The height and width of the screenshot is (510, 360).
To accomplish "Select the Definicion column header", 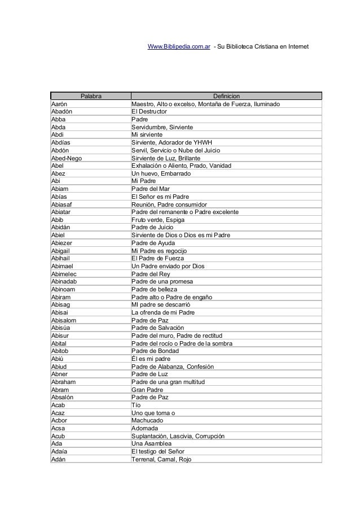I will pyautogui.click(x=226, y=97).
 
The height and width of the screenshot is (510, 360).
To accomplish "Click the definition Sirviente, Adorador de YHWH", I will pyautogui.click(x=172, y=143).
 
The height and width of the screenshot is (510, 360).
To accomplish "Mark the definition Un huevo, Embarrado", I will pyautogui.click(x=161, y=173).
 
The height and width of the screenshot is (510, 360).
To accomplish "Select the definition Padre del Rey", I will pyautogui.click(x=151, y=274).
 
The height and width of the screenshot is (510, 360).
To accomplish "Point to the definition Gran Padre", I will pyautogui.click(x=147, y=390).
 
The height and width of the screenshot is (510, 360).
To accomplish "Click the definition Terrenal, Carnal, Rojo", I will pyautogui.click(x=161, y=459).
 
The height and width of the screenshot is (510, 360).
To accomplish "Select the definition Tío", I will pyautogui.click(x=136, y=405).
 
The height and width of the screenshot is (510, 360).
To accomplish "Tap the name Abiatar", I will pyautogui.click(x=63, y=212).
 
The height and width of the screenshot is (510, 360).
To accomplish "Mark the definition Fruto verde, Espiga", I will pyautogui.click(x=159, y=220).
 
